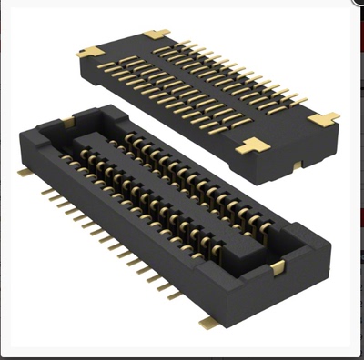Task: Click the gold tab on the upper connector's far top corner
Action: click(x=157, y=35)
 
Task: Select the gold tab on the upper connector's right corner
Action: click(x=323, y=118)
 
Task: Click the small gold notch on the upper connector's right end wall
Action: click(x=298, y=166)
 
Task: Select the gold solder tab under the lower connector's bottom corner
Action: click(x=207, y=322)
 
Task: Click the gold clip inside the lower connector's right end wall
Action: click(x=277, y=266)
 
